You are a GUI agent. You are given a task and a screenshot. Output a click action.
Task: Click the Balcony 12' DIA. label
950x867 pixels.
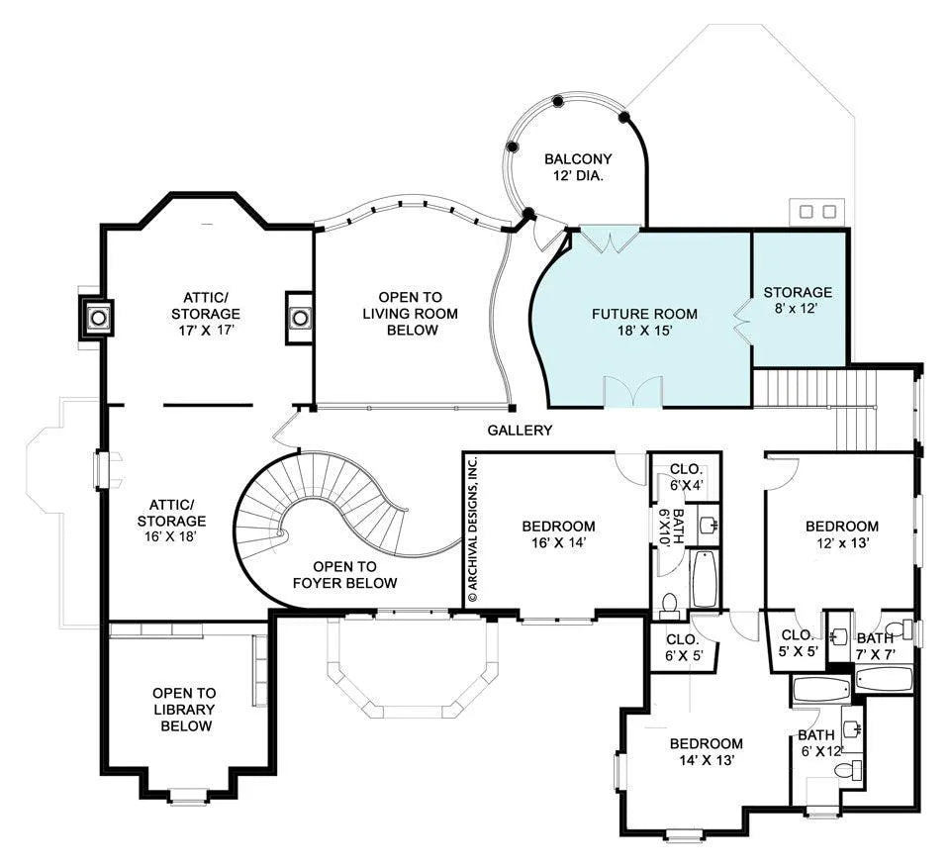[x=577, y=168]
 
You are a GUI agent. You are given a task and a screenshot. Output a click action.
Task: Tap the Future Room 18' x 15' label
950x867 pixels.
[x=644, y=323]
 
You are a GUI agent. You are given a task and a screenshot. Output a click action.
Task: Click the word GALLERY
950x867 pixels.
[x=520, y=431]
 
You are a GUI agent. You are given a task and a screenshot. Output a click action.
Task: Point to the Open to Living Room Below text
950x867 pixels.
[x=410, y=314]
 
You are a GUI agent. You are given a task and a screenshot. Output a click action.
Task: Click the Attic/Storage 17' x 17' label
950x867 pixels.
[x=206, y=314]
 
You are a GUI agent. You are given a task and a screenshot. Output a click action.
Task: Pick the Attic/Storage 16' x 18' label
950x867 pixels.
[x=171, y=521]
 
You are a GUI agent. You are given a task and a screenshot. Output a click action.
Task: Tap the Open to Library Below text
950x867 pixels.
[x=184, y=710]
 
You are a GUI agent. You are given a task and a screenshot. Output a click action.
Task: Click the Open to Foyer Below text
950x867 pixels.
[x=344, y=575]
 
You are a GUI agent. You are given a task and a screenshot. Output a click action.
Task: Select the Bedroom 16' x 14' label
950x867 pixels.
[x=558, y=534]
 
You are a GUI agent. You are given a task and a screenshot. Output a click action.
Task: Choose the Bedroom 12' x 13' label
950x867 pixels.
[x=842, y=534]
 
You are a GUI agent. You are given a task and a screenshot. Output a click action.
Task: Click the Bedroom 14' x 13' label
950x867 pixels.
[x=707, y=751]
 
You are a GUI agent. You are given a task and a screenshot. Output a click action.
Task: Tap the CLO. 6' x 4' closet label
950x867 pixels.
[x=686, y=477]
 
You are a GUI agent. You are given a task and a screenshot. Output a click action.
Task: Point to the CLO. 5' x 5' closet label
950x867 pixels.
[x=799, y=643]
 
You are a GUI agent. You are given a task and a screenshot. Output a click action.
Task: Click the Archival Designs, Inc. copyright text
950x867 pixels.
[x=474, y=530]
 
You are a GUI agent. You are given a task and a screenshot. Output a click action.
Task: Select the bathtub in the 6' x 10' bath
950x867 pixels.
[x=705, y=579]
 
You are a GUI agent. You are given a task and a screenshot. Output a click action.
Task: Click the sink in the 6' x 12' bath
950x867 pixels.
[x=852, y=728]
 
